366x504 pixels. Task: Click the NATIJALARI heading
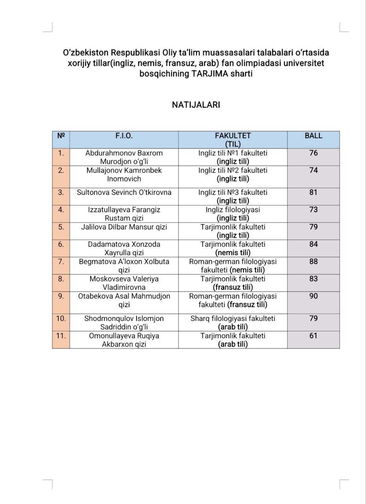click(x=196, y=105)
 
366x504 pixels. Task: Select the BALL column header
click(x=313, y=136)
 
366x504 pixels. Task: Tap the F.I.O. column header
click(x=124, y=136)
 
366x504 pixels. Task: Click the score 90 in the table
click(x=313, y=296)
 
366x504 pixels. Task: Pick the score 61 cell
click(x=313, y=336)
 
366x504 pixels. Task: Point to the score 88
click(x=313, y=261)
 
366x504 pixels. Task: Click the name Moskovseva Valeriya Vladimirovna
click(x=124, y=283)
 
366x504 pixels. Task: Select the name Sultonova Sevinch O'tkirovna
click(x=124, y=193)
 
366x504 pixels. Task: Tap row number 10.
click(x=61, y=319)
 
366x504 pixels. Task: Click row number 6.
click(x=61, y=244)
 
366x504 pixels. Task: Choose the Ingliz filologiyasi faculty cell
click(x=233, y=213)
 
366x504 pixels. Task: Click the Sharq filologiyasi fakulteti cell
click(x=233, y=322)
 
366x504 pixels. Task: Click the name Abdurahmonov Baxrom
click(x=124, y=157)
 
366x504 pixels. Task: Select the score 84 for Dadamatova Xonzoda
click(x=313, y=244)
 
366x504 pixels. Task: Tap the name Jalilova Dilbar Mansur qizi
click(x=124, y=227)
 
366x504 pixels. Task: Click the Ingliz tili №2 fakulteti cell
click(x=233, y=174)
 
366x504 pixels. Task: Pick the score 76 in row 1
click(x=313, y=153)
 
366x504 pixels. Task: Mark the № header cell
click(x=61, y=136)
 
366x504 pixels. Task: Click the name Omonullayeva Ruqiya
click(x=124, y=340)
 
